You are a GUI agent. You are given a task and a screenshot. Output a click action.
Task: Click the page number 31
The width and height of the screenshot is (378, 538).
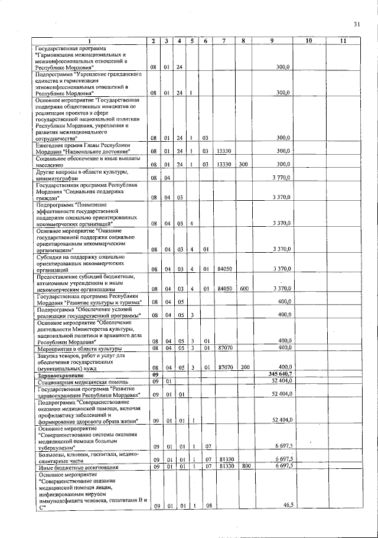pos(356,24)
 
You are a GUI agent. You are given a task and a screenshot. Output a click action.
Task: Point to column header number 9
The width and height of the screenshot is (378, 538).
pos(271,41)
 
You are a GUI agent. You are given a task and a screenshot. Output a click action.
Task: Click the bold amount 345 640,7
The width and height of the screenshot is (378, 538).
pos(279,374)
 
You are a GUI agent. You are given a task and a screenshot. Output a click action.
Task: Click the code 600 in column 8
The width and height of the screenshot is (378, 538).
pos(243,289)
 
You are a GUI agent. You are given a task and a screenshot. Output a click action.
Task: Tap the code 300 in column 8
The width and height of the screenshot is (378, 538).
pos(243,164)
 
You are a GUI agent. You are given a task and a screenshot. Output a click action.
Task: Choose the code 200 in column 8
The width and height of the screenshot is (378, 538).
pos(243,367)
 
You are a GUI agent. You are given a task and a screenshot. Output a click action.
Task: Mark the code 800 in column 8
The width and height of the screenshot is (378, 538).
pos(243,467)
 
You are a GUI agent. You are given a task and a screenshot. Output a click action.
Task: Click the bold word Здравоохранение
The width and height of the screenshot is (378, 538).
pos(58,374)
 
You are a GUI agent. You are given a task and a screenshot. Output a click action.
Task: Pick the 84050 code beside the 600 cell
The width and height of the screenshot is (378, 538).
pos(223,289)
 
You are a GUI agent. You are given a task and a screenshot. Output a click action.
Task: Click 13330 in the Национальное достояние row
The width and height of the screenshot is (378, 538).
pos(223,152)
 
